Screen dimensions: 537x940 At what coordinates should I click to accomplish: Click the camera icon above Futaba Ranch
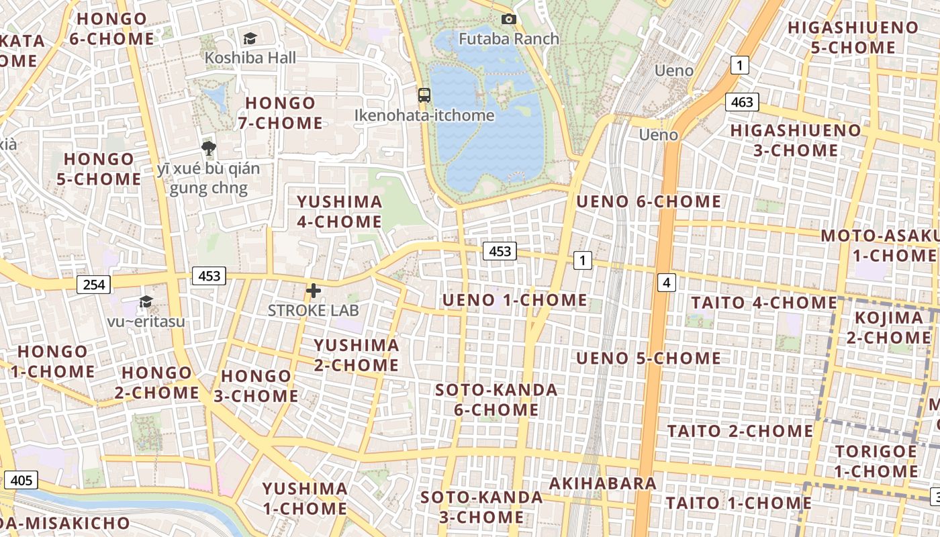coord(509,19)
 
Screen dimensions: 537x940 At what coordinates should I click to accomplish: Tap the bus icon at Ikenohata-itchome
coord(424,95)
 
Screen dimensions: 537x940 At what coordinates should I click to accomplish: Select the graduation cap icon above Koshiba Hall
coord(250,39)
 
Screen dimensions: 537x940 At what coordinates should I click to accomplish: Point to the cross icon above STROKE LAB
coord(314,291)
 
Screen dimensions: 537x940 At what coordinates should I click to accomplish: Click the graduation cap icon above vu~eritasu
coord(146,302)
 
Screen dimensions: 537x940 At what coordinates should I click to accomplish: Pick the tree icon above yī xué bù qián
coord(209,148)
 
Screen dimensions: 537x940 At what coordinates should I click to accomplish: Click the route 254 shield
coord(93,285)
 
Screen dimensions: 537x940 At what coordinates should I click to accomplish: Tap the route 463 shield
coord(742,102)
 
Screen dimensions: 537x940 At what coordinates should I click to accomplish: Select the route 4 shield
coord(666,283)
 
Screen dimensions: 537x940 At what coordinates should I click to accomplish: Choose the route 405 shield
coord(21,480)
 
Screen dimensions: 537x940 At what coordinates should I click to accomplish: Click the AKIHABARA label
coord(603,483)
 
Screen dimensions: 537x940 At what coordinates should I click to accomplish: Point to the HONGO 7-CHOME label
coord(281,113)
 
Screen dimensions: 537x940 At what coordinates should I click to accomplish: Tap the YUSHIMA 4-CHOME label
coord(340,211)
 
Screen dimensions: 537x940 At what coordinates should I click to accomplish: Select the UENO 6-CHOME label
coord(649,201)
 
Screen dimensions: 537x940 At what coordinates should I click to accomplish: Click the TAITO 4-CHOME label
coord(764,302)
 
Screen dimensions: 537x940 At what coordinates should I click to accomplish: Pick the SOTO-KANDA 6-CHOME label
coord(496,399)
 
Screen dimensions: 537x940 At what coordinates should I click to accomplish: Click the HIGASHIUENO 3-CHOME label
coord(795,140)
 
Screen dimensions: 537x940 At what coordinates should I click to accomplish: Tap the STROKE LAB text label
coord(314,310)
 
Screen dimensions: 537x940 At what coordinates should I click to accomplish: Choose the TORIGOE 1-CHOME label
coord(876,461)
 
